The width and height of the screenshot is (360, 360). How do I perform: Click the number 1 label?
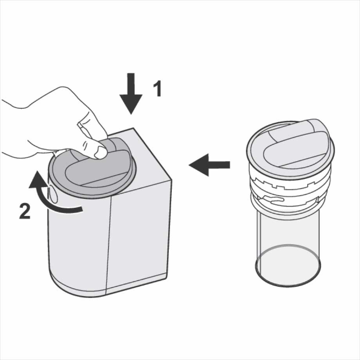coord(157,89)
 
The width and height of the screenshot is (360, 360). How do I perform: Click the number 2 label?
coord(25,211)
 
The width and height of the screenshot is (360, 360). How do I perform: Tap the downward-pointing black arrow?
coord(131,94)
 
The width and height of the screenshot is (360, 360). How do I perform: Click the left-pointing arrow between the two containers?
coord(209,165)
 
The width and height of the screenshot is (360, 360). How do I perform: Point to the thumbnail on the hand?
coord(100,152)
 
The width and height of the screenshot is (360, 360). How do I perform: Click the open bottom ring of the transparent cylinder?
coord(288,266)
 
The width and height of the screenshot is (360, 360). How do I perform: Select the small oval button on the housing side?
coord(53,194)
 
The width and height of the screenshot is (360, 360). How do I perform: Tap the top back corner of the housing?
coord(133,128)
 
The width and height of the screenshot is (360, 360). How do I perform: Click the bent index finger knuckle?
coord(82,125)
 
